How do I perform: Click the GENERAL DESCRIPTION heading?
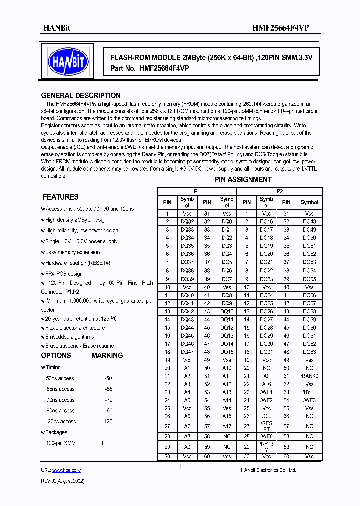(x=81, y=96)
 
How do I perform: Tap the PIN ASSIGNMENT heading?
(x=243, y=180)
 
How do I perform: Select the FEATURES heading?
(x=60, y=197)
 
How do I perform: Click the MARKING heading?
(x=107, y=356)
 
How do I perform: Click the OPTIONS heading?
(x=56, y=356)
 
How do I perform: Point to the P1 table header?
(x=197, y=191)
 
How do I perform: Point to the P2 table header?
(x=280, y=191)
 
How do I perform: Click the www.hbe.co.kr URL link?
(x=66, y=470)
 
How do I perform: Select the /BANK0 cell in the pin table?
(x=309, y=376)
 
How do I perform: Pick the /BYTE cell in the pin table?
(x=309, y=392)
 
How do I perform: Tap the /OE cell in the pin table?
(x=266, y=416)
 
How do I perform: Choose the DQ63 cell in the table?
(x=309, y=352)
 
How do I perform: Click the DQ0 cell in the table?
(x=226, y=221)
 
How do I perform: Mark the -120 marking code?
(x=107, y=421)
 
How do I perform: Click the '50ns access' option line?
(x=60, y=378)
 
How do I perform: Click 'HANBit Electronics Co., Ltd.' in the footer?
(x=268, y=470)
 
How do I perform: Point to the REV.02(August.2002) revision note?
(x=62, y=481)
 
